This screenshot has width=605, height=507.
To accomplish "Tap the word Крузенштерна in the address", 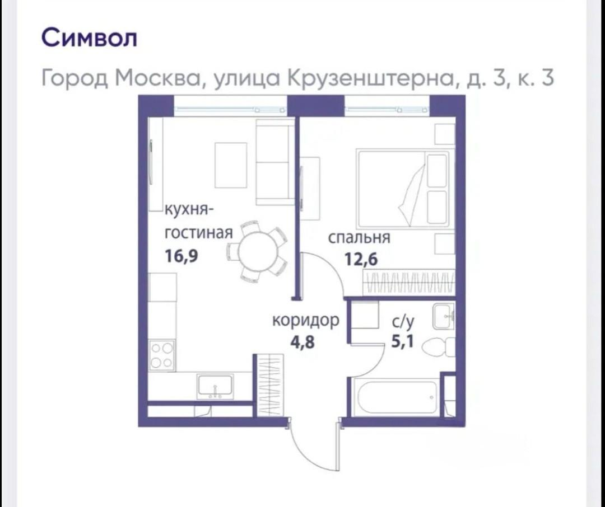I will point(370,78).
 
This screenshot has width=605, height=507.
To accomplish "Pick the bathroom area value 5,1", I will point(402,341).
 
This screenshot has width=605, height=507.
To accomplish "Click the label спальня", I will point(359,238).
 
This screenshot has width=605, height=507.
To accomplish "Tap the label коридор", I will point(306,321).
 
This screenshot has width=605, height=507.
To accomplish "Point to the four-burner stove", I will point(162,355).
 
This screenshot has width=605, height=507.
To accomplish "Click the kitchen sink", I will point(215,387).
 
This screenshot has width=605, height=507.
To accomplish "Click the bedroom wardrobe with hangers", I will point(409,283).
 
